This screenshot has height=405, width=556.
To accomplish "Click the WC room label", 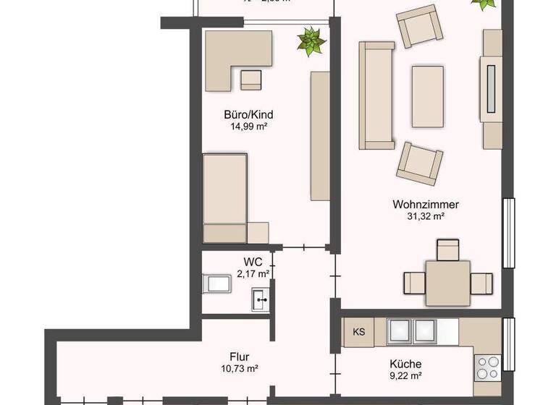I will click(x=253, y=262).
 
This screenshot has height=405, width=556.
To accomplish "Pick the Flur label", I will click(x=240, y=357).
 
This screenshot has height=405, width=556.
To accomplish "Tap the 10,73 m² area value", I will click(x=240, y=368).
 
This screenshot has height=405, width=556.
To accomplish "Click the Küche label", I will click(x=405, y=364).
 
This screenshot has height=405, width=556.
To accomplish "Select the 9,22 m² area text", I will click(x=405, y=375).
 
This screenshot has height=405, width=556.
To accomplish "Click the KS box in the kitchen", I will click(x=358, y=332).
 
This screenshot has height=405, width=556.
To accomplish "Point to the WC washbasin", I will click(x=261, y=299).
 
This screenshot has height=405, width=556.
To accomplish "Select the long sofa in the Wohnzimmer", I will click(x=376, y=95).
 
